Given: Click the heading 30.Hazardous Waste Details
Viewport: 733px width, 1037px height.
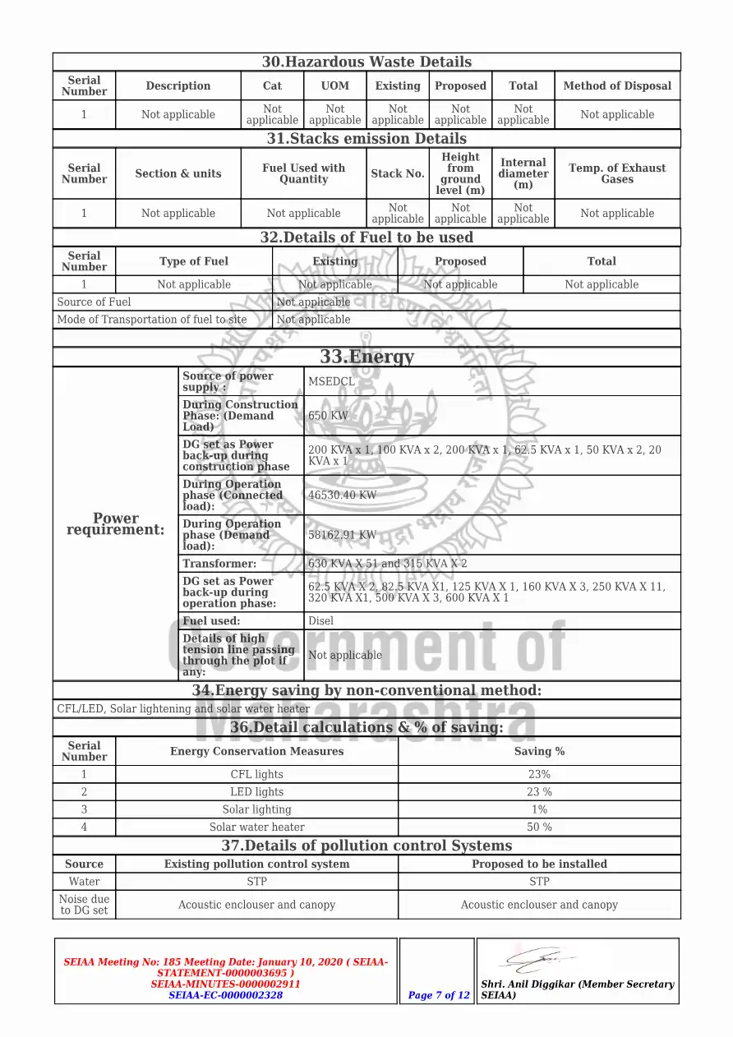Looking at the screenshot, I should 366,62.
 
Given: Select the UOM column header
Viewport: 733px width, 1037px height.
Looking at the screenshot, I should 334,85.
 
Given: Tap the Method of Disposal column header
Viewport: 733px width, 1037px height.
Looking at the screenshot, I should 617,85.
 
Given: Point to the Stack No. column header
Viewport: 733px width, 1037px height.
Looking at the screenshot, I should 398,173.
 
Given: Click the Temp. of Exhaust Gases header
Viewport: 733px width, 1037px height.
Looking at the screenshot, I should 617,173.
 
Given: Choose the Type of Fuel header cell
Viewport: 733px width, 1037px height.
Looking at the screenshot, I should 194,261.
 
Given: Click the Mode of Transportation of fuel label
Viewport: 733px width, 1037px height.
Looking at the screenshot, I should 152,320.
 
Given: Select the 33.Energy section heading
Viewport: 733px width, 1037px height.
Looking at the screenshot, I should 366,357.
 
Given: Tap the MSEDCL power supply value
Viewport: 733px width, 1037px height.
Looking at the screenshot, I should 331,381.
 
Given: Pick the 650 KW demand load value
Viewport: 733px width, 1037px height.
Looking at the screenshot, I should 328,416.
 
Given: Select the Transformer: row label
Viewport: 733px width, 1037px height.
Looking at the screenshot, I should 219,564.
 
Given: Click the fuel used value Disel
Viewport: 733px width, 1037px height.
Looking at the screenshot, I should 320,621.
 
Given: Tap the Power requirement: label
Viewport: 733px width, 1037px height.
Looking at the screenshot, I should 116,524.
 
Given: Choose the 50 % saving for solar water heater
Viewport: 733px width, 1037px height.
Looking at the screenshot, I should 539,827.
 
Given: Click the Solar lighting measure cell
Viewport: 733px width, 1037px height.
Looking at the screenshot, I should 256,809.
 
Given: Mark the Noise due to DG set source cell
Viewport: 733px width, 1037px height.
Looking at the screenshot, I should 84,905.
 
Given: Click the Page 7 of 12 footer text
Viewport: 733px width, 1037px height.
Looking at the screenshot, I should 439,995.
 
